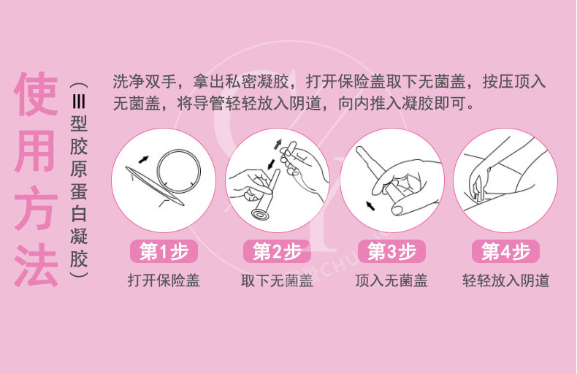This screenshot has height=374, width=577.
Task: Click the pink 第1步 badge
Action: point(164,252)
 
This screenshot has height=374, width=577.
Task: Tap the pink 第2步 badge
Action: point(277,252)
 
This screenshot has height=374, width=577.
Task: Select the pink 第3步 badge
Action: point(392,252)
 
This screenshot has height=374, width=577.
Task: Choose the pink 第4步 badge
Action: point(506,252)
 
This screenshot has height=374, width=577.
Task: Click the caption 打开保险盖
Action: point(164,280)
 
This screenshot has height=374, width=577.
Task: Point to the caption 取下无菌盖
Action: point(277,280)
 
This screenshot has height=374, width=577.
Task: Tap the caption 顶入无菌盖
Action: point(391,280)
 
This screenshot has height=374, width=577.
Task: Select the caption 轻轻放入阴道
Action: point(506,280)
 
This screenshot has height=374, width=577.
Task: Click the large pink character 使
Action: point(36,94)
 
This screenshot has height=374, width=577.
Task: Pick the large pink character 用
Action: point(36,152)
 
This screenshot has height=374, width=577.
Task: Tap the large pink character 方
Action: point(36,208)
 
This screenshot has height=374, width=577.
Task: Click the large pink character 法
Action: point(36,264)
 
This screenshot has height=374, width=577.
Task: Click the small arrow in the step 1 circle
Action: point(143,159)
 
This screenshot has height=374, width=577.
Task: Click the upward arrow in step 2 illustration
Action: point(278,144)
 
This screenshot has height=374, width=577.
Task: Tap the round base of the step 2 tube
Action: point(261,214)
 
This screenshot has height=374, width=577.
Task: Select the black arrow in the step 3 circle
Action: point(370,206)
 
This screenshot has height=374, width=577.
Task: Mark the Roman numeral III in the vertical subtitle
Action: point(79,100)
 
